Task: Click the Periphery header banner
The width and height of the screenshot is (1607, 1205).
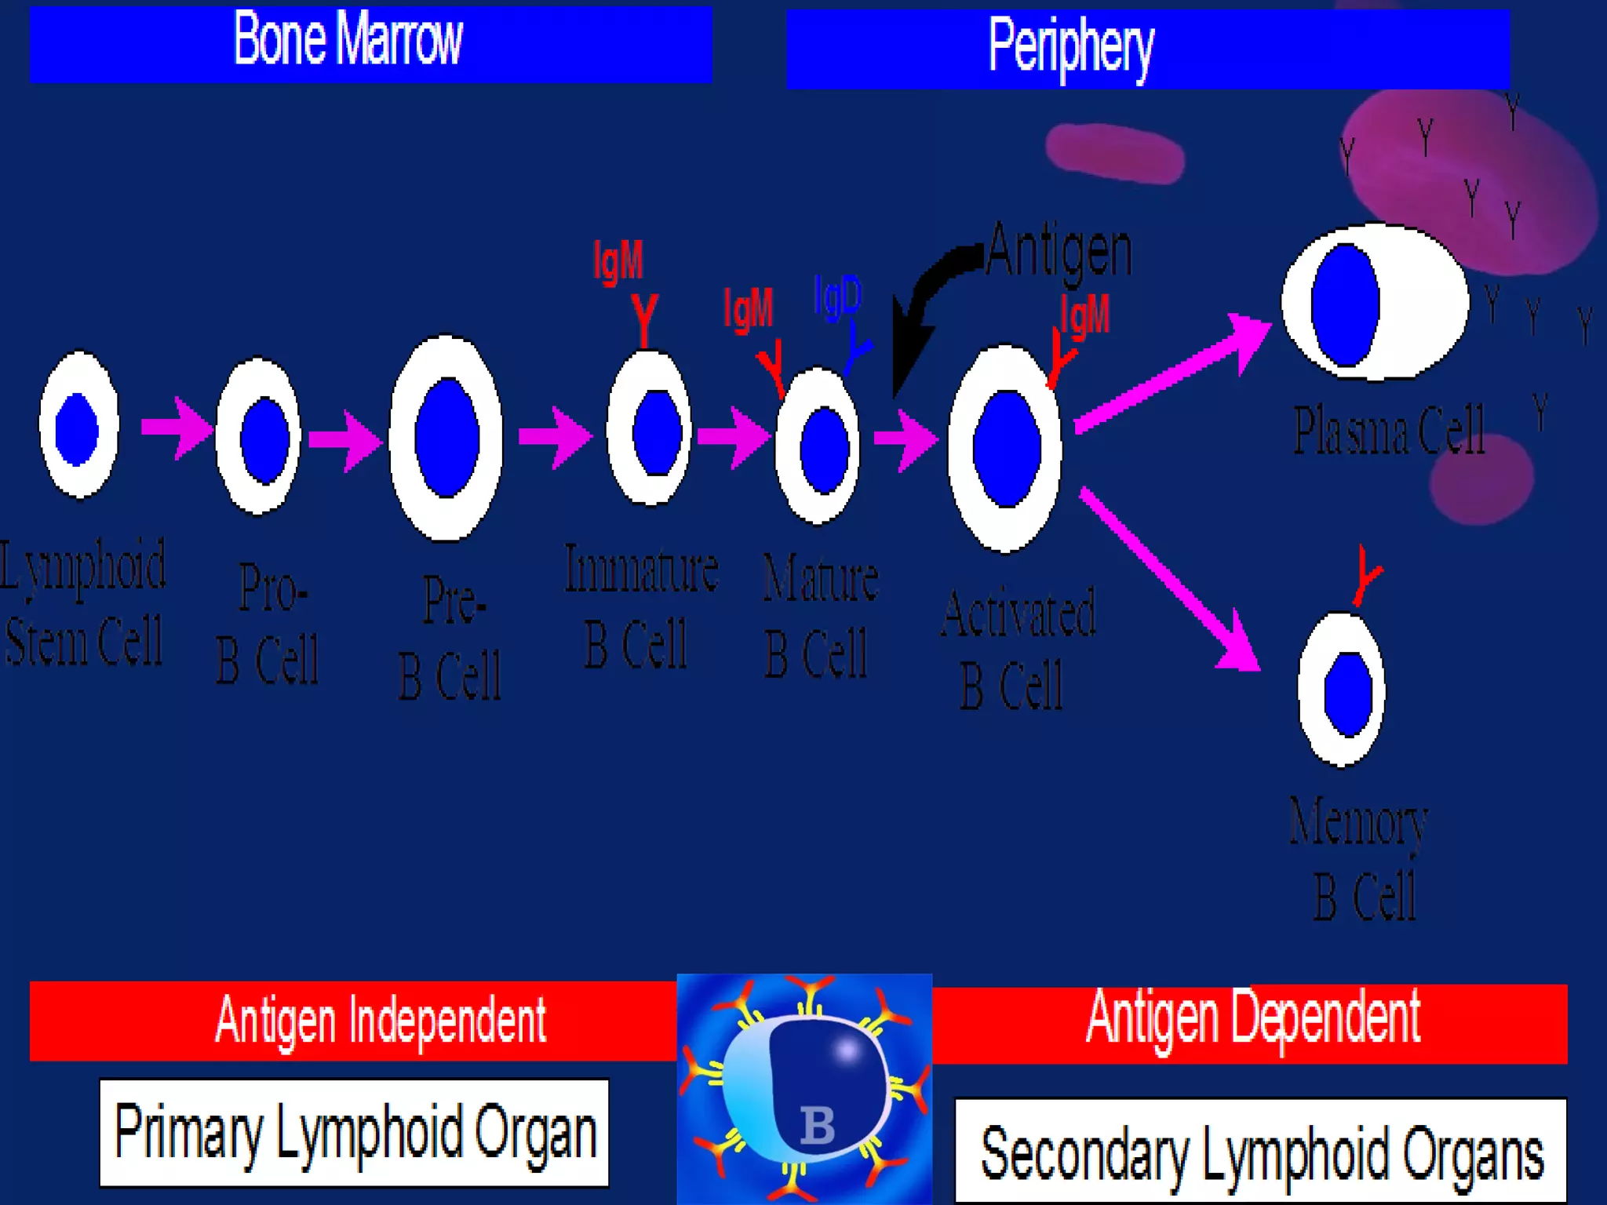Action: tap(1147, 49)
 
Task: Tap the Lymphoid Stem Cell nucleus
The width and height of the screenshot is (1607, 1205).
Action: tap(77, 429)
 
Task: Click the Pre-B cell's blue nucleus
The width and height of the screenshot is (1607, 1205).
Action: tap(446, 437)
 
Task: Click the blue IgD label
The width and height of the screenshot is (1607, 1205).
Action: tap(838, 297)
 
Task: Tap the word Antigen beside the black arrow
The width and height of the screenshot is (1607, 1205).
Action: tap(1059, 251)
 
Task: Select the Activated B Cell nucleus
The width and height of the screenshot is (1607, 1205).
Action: tap(1007, 448)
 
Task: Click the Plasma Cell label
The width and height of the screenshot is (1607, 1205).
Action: tap(1389, 430)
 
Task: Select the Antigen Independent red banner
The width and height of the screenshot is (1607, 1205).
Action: tap(353, 1020)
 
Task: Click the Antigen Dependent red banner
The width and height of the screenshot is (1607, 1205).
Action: tap(1252, 1021)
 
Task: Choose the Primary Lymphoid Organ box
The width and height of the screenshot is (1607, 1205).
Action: tap(355, 1133)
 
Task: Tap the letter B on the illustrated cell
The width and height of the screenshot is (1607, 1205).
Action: tap(817, 1127)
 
